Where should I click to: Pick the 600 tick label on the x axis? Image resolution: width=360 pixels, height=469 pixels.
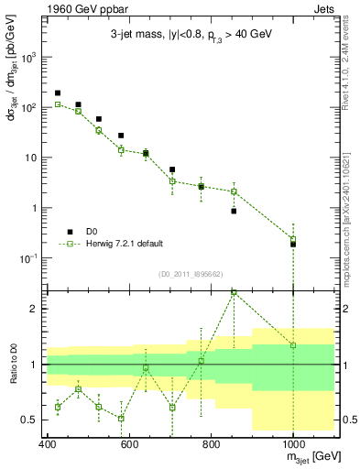[x=129, y=444]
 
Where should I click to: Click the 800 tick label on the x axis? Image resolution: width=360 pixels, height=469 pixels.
[x=211, y=444]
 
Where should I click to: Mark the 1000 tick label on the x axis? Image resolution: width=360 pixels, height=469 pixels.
[x=292, y=444]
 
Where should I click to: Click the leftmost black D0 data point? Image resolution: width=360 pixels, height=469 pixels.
[x=58, y=93]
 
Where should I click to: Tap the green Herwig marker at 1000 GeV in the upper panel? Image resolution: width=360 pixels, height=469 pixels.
[x=293, y=239]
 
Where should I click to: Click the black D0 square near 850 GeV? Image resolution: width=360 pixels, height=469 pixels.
[x=234, y=211]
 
